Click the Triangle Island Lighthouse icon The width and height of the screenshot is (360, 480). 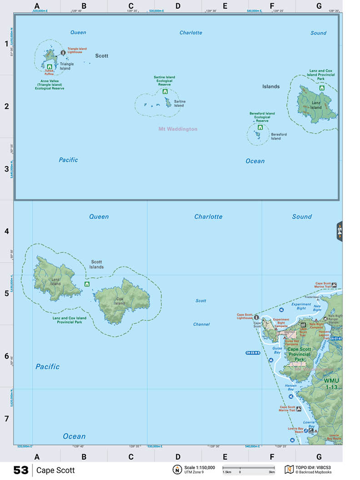63,53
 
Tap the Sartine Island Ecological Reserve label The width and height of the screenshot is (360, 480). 164,81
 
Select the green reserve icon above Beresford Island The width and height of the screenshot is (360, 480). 260,128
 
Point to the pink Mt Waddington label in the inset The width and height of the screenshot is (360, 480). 178,129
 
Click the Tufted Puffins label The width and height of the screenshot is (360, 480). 49,71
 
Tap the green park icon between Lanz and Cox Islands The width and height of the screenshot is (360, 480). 86,284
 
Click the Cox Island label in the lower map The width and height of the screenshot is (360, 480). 120,301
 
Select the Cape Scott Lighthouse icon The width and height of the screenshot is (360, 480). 256,317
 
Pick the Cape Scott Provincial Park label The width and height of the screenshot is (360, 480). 299,354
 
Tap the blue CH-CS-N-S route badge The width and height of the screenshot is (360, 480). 253,353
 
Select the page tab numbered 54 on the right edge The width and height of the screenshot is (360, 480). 339,231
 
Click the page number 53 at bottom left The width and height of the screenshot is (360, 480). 21,470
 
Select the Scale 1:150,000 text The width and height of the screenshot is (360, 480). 200,467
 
